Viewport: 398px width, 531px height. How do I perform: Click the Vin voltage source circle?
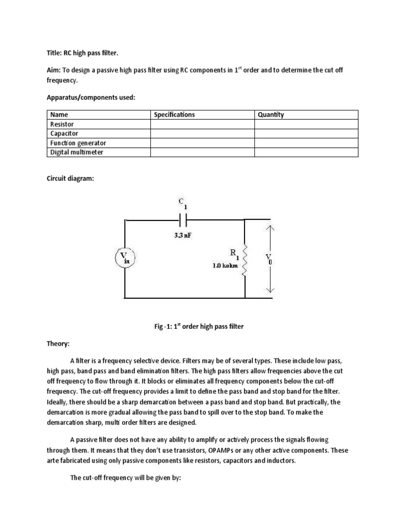coord(124,258)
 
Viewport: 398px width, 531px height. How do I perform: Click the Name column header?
coord(59,115)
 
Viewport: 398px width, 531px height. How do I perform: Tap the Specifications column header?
coord(175,115)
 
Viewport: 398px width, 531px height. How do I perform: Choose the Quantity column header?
coord(271,115)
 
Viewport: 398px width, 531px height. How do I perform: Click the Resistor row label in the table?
coord(62,124)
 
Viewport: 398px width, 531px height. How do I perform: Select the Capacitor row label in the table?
coord(64,134)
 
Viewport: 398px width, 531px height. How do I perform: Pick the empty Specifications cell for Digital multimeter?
coord(202,152)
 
